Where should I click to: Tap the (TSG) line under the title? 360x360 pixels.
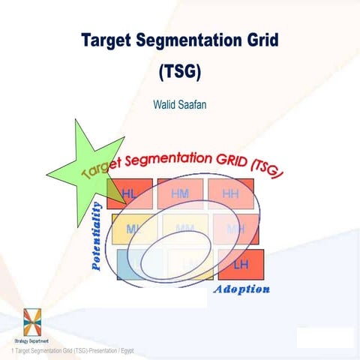(180, 73)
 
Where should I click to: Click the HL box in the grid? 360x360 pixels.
(130, 194)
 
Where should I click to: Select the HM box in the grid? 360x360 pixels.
(180, 194)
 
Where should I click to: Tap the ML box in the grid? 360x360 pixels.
(134, 228)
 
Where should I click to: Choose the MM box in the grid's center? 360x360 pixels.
(184, 228)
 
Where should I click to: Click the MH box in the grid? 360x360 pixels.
(235, 228)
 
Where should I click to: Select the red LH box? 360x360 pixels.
(241, 264)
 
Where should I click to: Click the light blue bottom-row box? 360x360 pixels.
(139, 264)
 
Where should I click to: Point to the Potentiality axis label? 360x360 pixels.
(96, 237)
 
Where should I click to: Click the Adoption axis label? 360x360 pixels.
(241, 289)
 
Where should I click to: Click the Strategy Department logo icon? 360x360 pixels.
(32, 322)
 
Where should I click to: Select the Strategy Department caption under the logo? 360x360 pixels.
(32, 341)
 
